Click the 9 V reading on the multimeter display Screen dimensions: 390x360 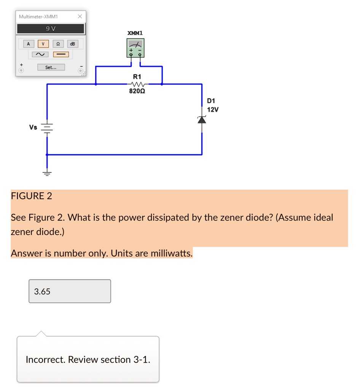point(50,29)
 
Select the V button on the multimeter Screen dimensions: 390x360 point(43,44)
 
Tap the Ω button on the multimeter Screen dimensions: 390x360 point(58,44)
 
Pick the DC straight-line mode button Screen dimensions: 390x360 point(61,54)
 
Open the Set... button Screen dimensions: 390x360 point(51,67)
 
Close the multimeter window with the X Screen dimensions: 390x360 point(80,16)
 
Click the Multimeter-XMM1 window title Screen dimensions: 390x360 point(38,16)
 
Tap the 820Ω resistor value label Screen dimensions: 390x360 point(137,91)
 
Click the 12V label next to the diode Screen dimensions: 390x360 point(213,109)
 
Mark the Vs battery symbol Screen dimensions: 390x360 point(47,128)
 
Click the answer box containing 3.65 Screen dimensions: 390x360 point(70,291)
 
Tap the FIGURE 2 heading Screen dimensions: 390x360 point(32,196)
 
